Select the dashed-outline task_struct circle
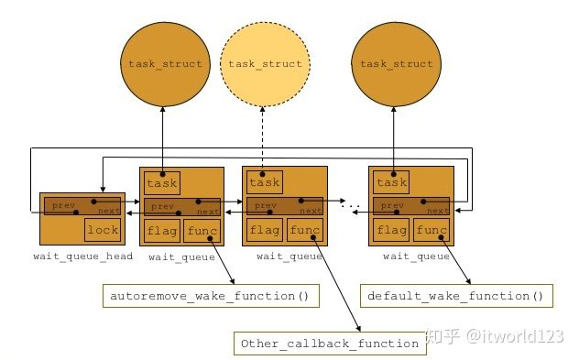(x=266, y=63)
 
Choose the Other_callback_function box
(x=331, y=344)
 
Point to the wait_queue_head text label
(x=83, y=256)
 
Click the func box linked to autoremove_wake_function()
(x=202, y=230)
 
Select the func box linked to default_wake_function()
(x=432, y=230)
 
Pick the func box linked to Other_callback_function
(x=305, y=230)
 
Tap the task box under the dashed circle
(x=264, y=182)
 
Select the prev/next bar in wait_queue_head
(x=82, y=206)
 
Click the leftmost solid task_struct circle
(x=162, y=63)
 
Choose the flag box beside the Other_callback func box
(x=265, y=230)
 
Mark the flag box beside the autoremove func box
(x=161, y=230)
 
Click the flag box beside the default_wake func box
(x=391, y=230)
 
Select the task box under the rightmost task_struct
(x=391, y=182)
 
